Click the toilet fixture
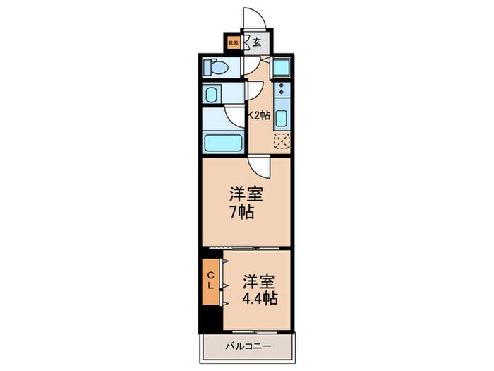(216, 68)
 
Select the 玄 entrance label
(256, 42)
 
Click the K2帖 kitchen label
(258, 115)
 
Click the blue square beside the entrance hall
(280, 68)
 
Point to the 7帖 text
(240, 211)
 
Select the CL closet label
(211, 279)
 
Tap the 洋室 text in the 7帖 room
(241, 194)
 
